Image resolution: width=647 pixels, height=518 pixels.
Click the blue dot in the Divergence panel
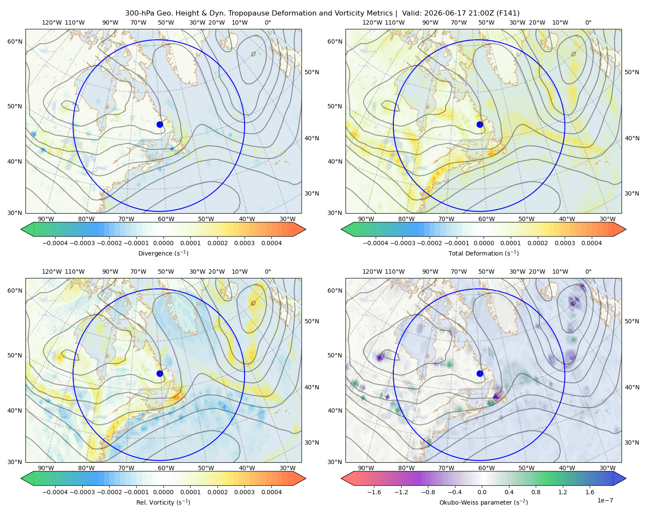coord(160,124)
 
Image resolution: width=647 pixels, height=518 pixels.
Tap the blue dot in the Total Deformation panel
coord(480,124)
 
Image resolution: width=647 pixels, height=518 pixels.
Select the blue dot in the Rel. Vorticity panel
coord(160,373)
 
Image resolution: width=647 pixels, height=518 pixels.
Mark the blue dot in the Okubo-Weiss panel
coord(480,373)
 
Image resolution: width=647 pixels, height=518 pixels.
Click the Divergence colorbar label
coord(163,253)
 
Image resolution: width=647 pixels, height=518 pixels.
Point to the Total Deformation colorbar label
coord(484,253)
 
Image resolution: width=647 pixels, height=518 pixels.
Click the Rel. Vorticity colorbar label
coord(163,502)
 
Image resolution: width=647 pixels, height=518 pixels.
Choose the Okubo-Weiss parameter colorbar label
coord(484,502)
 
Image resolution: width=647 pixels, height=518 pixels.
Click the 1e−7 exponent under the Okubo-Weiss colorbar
coord(605,500)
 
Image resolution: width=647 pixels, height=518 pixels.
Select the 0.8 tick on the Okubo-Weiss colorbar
coord(536,492)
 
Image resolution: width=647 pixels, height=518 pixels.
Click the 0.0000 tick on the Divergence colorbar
coord(163,243)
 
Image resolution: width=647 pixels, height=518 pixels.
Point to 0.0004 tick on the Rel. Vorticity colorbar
coord(271,492)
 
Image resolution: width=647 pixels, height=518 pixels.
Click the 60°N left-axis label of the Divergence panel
coord(15,41)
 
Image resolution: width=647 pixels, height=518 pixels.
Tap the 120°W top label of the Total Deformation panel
coord(372,22)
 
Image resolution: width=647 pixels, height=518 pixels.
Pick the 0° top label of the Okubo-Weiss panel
coord(588,272)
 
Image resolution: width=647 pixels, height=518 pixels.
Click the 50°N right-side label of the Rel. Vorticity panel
coord(312,321)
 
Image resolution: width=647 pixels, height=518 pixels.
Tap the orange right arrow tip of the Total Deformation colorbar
coord(626,229)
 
